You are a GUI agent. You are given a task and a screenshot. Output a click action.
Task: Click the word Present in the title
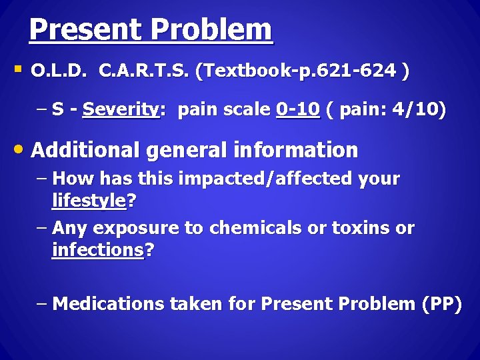pos(85,30)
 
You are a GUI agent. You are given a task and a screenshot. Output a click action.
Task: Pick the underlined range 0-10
pos(297,110)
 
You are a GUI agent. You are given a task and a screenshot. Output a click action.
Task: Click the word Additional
pos(86,150)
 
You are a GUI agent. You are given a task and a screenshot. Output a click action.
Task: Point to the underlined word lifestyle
pos(89,200)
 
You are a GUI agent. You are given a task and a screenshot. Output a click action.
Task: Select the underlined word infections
pos(97,250)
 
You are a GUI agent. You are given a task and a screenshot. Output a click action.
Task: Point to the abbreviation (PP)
pos(441,304)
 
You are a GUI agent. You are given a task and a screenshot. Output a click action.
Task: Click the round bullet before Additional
pos(21,149)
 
